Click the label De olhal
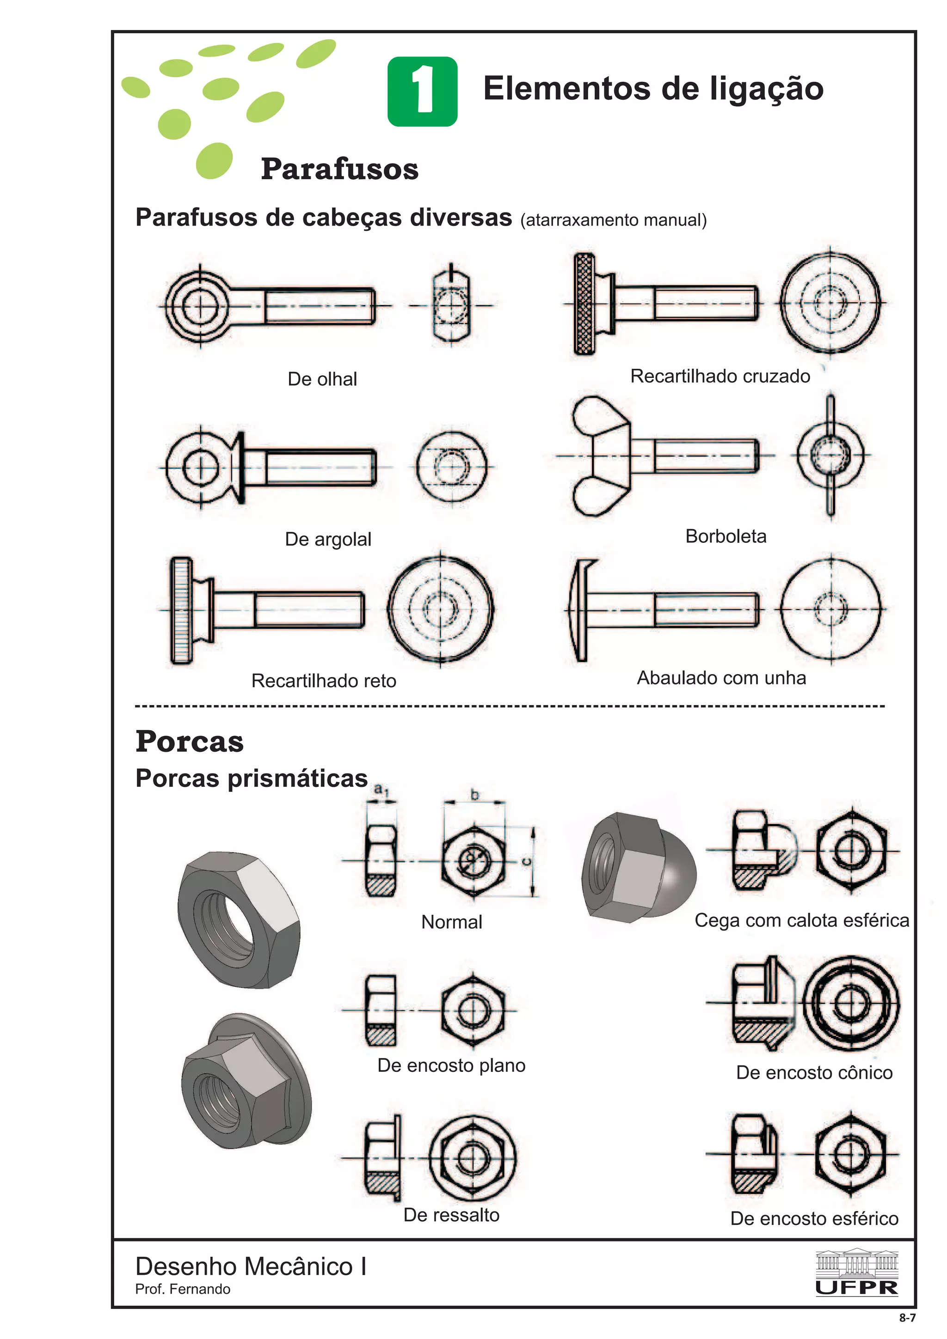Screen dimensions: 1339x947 coord(322,379)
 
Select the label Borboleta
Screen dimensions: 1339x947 coord(725,536)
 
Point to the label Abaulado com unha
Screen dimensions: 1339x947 coord(721,678)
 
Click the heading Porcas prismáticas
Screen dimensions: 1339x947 coord(252,778)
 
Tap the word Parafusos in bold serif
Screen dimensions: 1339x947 coord(339,169)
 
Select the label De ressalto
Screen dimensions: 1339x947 coord(451,1215)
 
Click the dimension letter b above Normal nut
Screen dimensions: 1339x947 coord(474,794)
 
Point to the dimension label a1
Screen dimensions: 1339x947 coord(381,790)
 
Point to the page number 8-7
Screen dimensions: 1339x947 coord(907,1317)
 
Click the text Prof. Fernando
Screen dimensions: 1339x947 coord(183,1289)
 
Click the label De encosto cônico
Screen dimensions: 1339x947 coord(814,1072)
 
